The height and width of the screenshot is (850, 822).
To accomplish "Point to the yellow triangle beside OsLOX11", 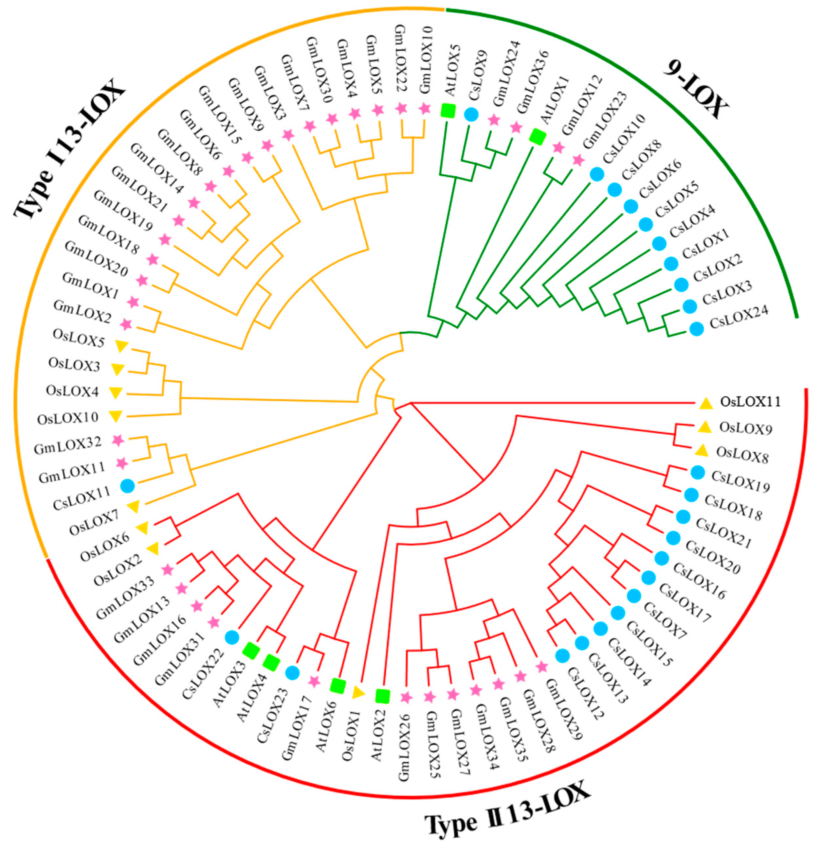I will click(706, 403).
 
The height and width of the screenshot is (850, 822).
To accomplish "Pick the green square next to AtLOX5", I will click(448, 110).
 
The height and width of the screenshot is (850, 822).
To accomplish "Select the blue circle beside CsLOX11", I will click(128, 486).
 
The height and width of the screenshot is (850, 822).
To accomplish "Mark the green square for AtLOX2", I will click(382, 696).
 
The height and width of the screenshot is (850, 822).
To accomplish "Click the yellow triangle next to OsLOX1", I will click(358, 693).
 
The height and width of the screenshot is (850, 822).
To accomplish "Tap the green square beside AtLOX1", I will click(537, 137).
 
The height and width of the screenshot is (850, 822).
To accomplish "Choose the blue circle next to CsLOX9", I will click(471, 114).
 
